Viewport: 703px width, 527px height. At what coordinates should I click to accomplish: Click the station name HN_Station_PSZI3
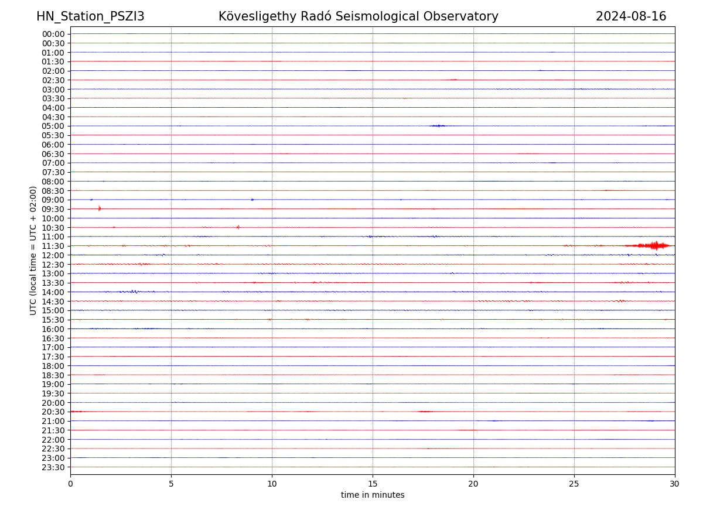point(90,16)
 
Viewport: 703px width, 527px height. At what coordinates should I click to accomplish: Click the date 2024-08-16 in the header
point(631,16)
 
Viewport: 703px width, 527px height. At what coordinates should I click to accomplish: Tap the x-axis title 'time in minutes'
point(373,495)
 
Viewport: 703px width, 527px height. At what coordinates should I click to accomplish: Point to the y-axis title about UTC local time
point(33,251)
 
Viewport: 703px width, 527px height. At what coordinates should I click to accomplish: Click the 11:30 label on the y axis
point(53,246)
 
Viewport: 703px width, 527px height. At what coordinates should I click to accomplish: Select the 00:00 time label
point(53,34)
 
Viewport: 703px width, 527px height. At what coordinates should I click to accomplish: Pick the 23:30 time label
point(53,467)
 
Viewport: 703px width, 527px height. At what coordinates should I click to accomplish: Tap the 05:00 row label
point(53,126)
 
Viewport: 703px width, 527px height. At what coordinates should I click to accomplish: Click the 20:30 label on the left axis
point(53,412)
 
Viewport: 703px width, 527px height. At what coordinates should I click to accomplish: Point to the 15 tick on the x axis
point(373,484)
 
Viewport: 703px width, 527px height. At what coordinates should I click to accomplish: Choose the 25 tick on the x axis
point(574,484)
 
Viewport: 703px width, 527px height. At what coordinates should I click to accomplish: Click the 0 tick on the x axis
point(70,484)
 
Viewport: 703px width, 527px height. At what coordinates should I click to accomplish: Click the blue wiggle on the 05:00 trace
point(438,125)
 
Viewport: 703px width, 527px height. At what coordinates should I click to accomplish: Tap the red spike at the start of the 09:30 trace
point(100,208)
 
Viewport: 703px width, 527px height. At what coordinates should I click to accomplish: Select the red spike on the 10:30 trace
point(238,227)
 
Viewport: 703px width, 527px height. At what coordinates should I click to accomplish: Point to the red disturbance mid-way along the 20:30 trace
point(425,412)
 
